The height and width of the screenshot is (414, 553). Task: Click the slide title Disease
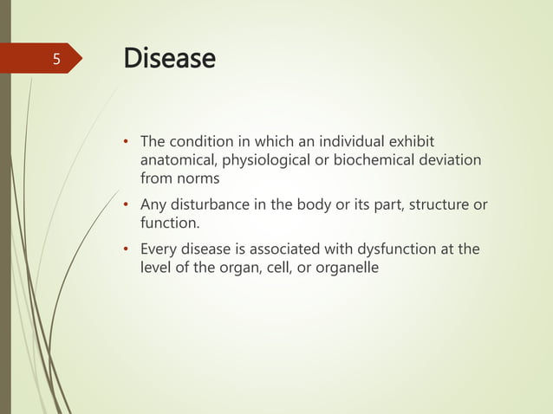[x=169, y=59]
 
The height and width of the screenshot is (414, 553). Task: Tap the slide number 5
[x=56, y=60]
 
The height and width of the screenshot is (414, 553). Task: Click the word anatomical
[x=179, y=160]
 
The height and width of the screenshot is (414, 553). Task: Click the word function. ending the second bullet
[x=170, y=223]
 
